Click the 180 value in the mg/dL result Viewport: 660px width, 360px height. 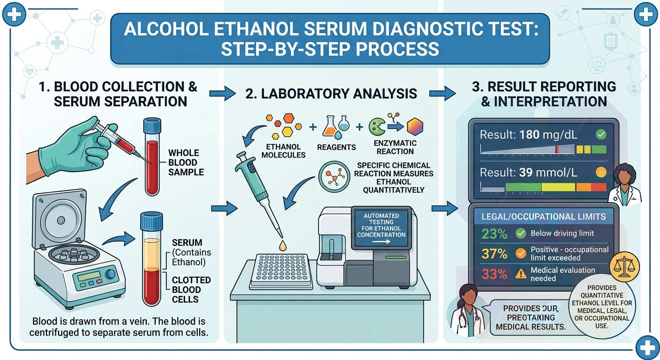530,135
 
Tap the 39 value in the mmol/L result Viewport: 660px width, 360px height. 526,172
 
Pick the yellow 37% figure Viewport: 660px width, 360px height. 495,254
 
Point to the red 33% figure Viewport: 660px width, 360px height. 495,274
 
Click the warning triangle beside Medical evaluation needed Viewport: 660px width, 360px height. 521,274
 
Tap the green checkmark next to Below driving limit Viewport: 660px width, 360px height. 521,233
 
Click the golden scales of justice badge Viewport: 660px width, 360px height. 624,267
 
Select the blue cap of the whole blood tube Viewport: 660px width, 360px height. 152,125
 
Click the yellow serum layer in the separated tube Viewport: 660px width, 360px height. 152,253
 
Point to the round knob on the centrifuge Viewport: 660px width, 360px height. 111,274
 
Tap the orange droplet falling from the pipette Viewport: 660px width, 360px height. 283,246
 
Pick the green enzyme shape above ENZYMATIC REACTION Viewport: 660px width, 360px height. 376,127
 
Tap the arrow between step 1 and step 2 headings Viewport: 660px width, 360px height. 223,94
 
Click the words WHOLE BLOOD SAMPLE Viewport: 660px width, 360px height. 186,162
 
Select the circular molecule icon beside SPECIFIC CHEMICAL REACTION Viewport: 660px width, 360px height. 334,177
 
